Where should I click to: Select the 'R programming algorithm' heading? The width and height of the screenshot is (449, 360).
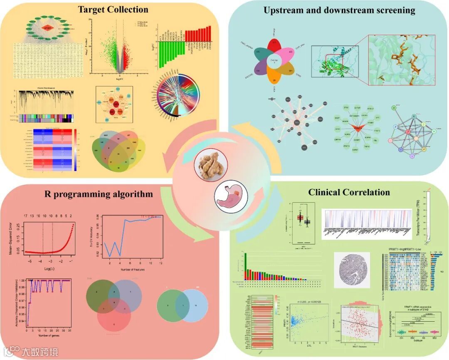[x=99, y=194]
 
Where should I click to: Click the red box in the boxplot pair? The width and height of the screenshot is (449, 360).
[x=300, y=217]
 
